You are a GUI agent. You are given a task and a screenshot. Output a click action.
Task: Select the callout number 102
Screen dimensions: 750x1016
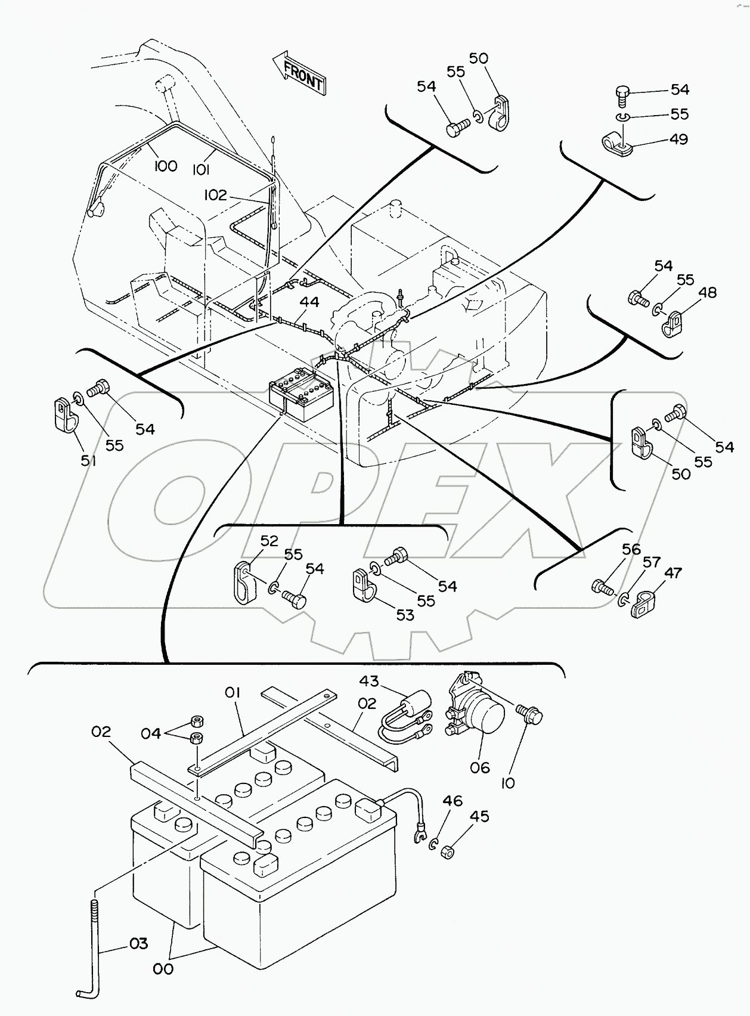(x=215, y=195)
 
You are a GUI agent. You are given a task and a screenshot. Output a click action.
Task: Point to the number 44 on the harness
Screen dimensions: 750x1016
(x=309, y=302)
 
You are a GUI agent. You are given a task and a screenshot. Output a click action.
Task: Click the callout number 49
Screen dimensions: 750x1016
(x=679, y=139)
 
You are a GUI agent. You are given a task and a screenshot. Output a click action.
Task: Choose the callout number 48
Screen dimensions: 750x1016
(x=708, y=293)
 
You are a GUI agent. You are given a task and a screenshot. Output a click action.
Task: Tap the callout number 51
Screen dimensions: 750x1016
(x=88, y=460)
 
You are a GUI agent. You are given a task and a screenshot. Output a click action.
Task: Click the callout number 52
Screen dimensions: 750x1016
(x=269, y=541)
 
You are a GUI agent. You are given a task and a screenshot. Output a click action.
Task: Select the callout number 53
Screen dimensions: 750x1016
(x=405, y=615)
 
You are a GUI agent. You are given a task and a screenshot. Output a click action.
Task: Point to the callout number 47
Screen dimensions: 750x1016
(x=672, y=573)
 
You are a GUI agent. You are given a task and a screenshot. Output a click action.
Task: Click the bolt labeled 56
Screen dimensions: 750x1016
(x=603, y=587)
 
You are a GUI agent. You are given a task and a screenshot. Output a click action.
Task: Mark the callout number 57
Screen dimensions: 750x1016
(x=651, y=562)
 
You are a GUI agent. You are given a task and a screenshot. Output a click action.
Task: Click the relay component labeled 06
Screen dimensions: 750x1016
(x=476, y=710)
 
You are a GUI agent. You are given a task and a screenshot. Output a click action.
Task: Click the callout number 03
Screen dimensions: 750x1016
(x=138, y=944)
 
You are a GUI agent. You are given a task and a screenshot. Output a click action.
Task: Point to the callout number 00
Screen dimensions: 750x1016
(x=163, y=969)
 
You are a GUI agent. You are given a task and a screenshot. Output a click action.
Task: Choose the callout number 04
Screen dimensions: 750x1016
(x=151, y=733)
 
